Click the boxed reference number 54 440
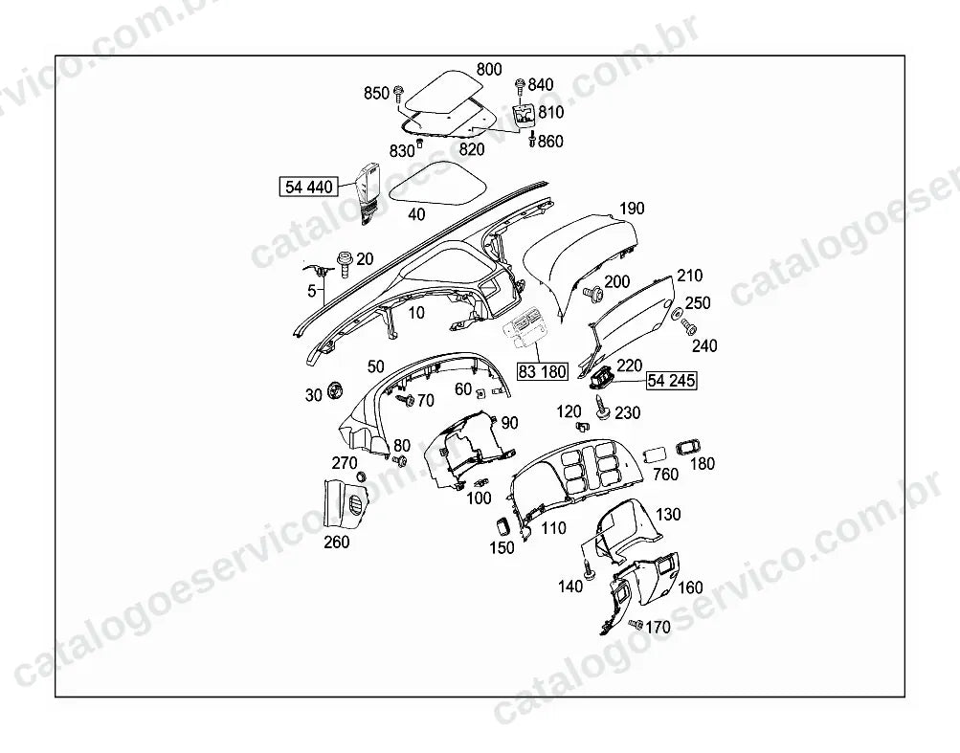[308, 187]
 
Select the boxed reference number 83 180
[543, 371]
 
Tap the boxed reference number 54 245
[671, 381]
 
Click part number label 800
[488, 69]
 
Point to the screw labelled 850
[398, 94]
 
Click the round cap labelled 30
[336, 389]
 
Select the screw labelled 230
[602, 407]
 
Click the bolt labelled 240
[688, 325]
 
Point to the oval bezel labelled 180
[688, 448]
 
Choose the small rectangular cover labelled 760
[655, 455]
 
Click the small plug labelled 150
[502, 526]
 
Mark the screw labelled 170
[636, 625]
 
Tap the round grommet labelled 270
[361, 476]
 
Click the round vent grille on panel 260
[353, 506]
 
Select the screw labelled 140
[590, 568]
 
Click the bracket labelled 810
[524, 113]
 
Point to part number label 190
[631, 209]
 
